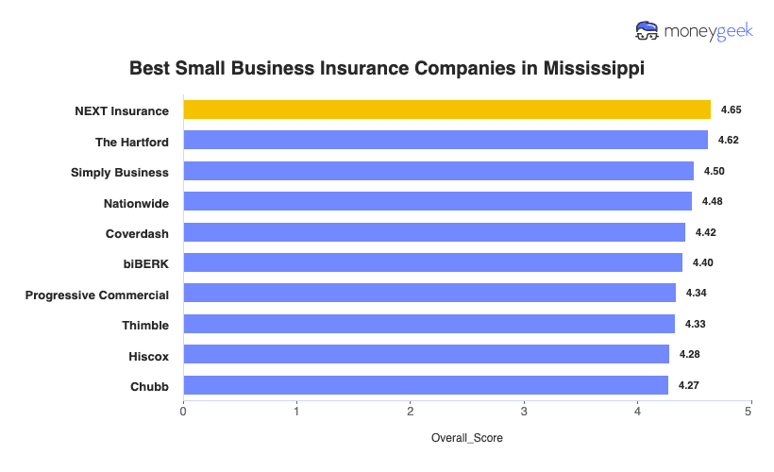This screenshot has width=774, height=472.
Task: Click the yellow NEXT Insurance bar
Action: pos(446,110)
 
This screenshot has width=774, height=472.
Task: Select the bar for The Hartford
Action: pos(445,140)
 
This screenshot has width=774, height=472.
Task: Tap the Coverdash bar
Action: pos(433,232)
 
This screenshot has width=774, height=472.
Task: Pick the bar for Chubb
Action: pos(425,385)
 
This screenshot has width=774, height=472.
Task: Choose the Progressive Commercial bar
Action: pos(429,293)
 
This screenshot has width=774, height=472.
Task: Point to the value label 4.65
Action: pos(731,110)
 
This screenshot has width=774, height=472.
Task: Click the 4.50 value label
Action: pos(713,171)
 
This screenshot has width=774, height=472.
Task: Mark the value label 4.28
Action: pos(688,354)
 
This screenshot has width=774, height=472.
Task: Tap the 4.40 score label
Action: pos(701,262)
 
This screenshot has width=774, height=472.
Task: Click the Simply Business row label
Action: pos(120,172)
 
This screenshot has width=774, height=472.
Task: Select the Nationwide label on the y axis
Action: pos(136,202)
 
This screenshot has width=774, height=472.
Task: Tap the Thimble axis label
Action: pos(145,325)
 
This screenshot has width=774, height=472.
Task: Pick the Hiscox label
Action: pos(148,355)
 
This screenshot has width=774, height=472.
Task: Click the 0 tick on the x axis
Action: pos(183,412)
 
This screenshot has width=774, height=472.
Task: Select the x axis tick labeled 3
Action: pos(524,412)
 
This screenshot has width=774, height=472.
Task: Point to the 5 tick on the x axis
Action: pos(749,412)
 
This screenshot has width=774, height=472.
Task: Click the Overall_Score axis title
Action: pos(466,438)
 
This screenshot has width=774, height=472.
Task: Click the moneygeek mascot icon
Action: pos(648,31)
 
